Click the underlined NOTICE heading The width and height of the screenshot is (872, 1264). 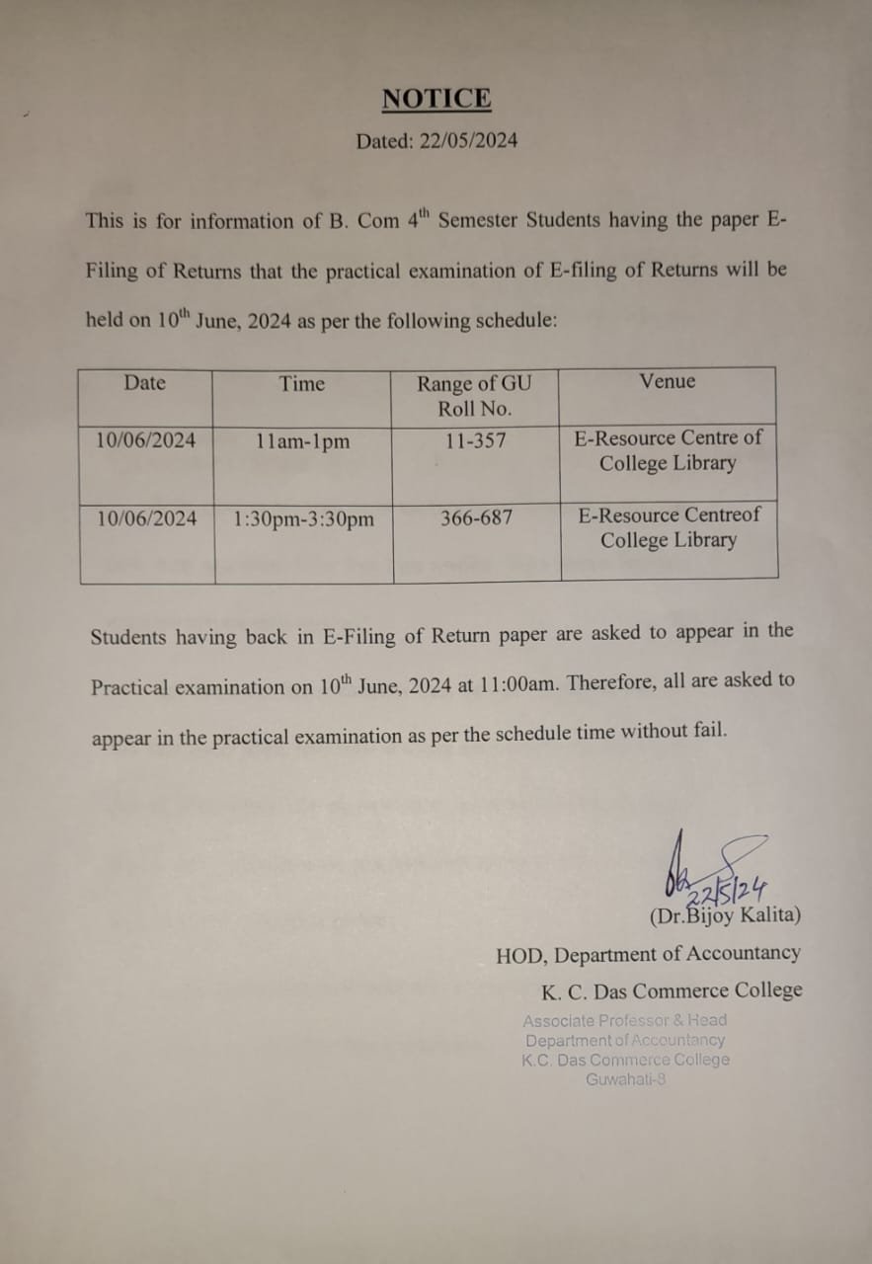click(436, 99)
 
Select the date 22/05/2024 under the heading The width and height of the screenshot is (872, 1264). click(468, 141)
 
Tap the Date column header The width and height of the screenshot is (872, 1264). click(145, 383)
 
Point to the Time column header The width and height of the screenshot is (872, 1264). click(301, 384)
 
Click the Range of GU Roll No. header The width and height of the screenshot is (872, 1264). click(474, 396)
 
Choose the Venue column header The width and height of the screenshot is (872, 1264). click(668, 381)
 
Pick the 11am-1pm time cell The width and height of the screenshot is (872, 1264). click(301, 441)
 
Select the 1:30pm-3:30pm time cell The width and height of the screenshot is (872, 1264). click(303, 519)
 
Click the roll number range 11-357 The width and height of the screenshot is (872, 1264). click(475, 440)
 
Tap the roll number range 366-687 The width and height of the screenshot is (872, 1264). click(476, 517)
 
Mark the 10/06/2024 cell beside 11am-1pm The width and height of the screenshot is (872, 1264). click(146, 440)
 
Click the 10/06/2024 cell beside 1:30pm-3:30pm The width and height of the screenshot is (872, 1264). click(147, 518)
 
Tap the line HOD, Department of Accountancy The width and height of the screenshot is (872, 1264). click(648, 954)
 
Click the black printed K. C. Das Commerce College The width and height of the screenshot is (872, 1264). click(672, 990)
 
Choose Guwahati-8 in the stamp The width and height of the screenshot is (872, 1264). click(625, 1079)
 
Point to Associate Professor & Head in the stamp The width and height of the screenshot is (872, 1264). click(624, 1020)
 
